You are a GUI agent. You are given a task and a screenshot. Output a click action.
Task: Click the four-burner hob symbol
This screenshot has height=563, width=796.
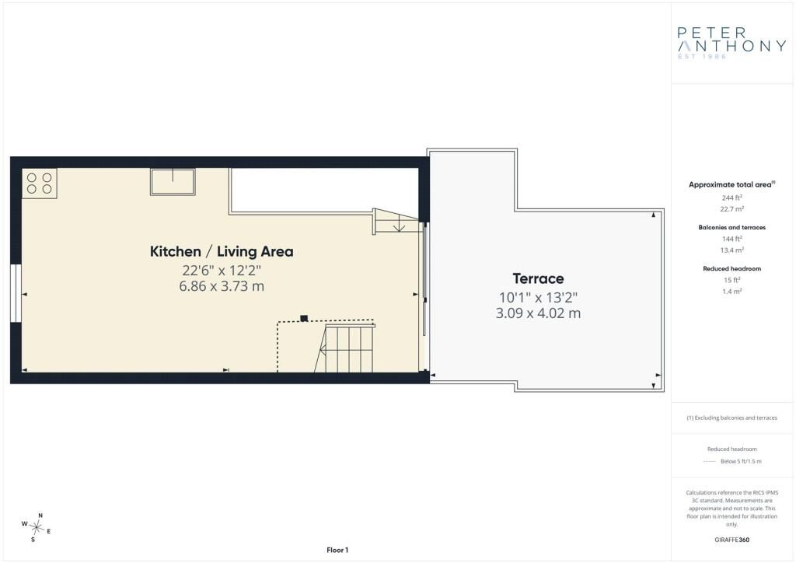pyautogui.click(x=39, y=184)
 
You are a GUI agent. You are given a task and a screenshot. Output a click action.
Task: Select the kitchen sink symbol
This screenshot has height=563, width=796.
pyautogui.click(x=173, y=182)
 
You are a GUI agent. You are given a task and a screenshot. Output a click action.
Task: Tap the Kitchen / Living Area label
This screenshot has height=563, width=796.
pyautogui.click(x=222, y=251)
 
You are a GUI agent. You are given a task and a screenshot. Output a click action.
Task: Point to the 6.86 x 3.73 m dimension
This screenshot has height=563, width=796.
pyautogui.click(x=222, y=286)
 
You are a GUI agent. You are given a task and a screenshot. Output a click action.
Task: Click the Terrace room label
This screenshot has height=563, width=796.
pyautogui.click(x=538, y=278)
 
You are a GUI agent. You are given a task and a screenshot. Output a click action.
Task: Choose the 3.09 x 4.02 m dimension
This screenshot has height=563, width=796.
pyautogui.click(x=538, y=313)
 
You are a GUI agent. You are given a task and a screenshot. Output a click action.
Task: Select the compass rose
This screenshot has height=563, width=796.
pyautogui.click(x=36, y=528)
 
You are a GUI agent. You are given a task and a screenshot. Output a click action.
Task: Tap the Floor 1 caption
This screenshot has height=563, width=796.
pyautogui.click(x=337, y=551)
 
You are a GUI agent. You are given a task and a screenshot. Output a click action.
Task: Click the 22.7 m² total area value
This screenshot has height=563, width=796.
pyautogui.click(x=731, y=209)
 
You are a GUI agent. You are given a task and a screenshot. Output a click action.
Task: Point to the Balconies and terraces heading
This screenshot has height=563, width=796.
pyautogui.click(x=731, y=227)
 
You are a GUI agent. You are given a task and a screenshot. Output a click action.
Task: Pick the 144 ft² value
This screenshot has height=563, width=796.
pyautogui.click(x=732, y=239)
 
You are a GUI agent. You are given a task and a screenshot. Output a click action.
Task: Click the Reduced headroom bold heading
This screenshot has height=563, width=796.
pyautogui.click(x=731, y=268)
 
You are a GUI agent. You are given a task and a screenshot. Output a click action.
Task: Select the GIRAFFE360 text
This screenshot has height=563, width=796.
pyautogui.click(x=731, y=540)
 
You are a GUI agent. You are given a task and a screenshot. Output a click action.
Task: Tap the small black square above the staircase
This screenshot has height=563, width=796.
pyautogui.click(x=304, y=318)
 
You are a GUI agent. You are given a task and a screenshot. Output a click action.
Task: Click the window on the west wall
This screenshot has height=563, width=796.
pyautogui.click(x=16, y=293)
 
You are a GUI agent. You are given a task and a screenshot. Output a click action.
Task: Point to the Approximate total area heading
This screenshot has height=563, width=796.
pyautogui.click(x=731, y=185)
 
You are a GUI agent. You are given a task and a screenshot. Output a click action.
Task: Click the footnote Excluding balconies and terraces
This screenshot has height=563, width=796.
pyautogui.click(x=731, y=418)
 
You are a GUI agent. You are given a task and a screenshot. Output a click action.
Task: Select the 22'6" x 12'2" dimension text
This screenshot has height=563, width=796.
pyautogui.click(x=222, y=270)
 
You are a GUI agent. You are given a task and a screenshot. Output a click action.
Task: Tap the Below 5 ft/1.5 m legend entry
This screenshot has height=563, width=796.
pyautogui.click(x=741, y=461)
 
